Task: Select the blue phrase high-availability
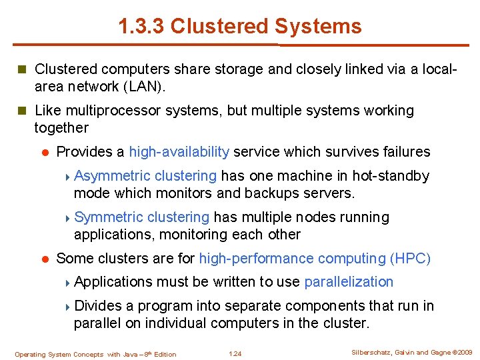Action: click(179, 152)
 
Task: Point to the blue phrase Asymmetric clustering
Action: click(145, 176)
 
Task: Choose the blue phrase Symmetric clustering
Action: click(142, 217)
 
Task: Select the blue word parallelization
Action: click(349, 281)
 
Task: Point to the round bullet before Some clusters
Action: click(44, 258)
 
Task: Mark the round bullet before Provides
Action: click(44, 152)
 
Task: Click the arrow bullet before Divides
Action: click(69, 306)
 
